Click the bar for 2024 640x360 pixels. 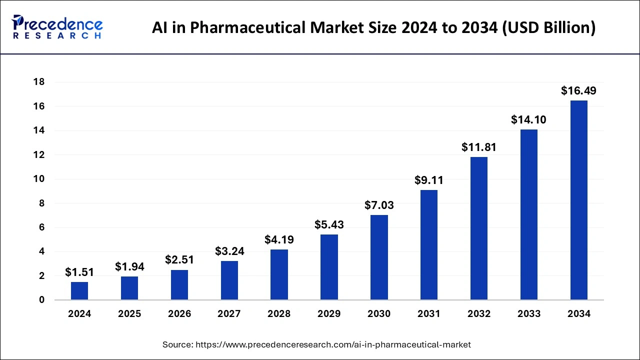coord(79,291)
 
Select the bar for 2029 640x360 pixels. coord(329,267)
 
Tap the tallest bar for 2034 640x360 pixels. coord(578,200)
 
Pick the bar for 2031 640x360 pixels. coord(429,245)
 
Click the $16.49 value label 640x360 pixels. coord(578,91)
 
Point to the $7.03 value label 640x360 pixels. coord(379,205)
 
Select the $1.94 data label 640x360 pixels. coord(129,267)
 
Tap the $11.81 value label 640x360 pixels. coord(478,147)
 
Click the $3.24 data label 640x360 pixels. coord(229,251)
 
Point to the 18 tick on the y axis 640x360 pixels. coord(39,82)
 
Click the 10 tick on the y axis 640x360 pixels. coord(39,179)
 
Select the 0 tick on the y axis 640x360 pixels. coord(42,300)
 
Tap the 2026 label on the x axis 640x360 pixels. coord(179,314)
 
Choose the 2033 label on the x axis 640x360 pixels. coord(529,314)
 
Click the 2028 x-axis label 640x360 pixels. coord(279,314)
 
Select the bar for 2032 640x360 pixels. coord(478,228)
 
